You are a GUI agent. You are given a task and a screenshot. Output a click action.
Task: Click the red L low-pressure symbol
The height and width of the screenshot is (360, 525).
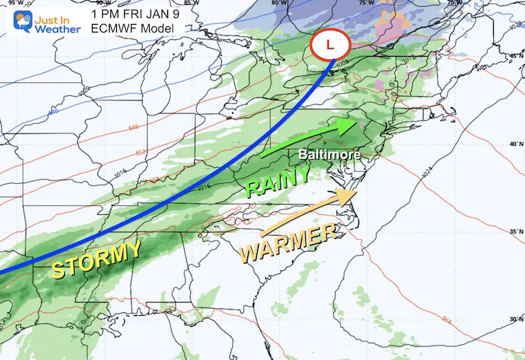click(x=331, y=46)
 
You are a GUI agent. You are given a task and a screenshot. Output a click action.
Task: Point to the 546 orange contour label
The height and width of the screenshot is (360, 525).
click(x=134, y=128)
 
